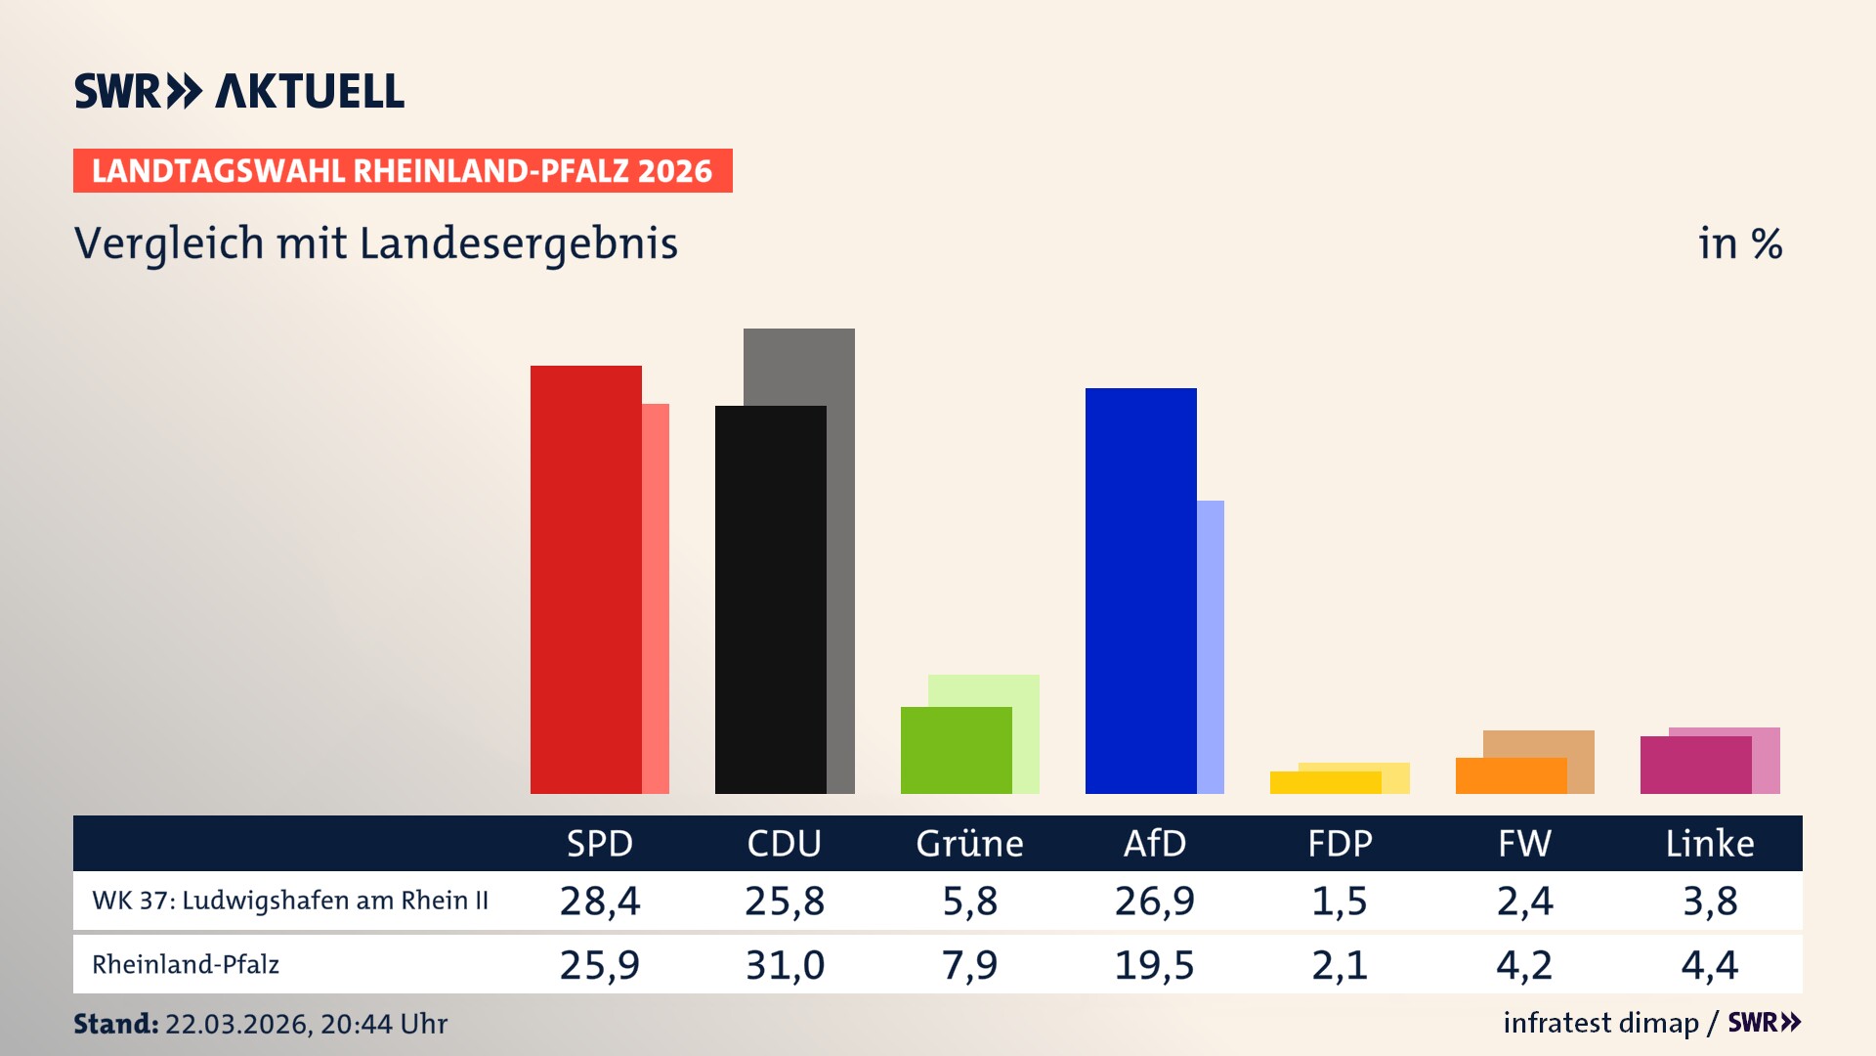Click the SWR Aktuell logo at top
tap(238, 91)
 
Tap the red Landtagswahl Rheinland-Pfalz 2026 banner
tap(403, 171)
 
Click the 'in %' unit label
tap(1739, 243)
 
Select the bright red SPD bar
tap(585, 579)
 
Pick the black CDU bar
tap(770, 598)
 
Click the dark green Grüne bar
tap(955, 750)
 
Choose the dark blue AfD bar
tap(1140, 591)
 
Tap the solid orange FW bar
tap(1510, 775)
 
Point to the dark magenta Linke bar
tap(1694, 765)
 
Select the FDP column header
tap(1340, 843)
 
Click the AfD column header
tap(1154, 843)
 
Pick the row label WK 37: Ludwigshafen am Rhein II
tap(290, 901)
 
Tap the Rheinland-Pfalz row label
tap(186, 965)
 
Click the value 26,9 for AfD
tap(1154, 901)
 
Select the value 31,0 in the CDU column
tap(785, 965)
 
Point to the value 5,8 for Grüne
tap(969, 901)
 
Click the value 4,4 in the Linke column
tap(1709, 965)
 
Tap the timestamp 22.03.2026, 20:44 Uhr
tap(306, 1024)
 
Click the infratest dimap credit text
tap(1600, 1023)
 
